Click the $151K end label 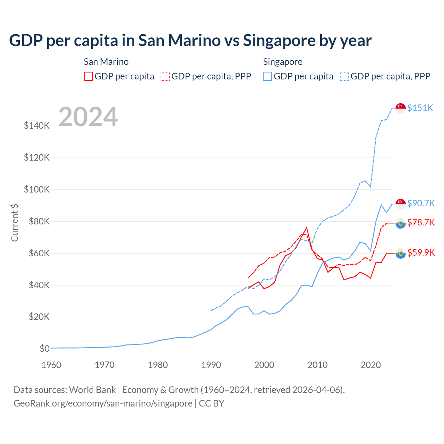click(x=420, y=108)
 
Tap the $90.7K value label click(x=421, y=203)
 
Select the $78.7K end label click(x=421, y=222)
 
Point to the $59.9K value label click(x=421, y=253)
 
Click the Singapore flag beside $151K click(x=401, y=108)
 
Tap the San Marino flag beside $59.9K click(x=401, y=253)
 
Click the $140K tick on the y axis click(x=37, y=126)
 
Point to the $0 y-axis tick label click(x=44, y=349)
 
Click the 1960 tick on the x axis click(x=51, y=365)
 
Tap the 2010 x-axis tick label click(x=317, y=365)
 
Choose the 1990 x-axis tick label click(x=211, y=365)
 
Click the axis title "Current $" click(x=15, y=223)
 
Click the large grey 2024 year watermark click(x=88, y=117)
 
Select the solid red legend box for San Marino click(x=88, y=76)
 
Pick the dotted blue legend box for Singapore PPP click(x=344, y=76)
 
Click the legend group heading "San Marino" click(x=106, y=62)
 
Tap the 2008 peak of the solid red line click(x=307, y=228)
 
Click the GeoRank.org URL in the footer click(x=103, y=403)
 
